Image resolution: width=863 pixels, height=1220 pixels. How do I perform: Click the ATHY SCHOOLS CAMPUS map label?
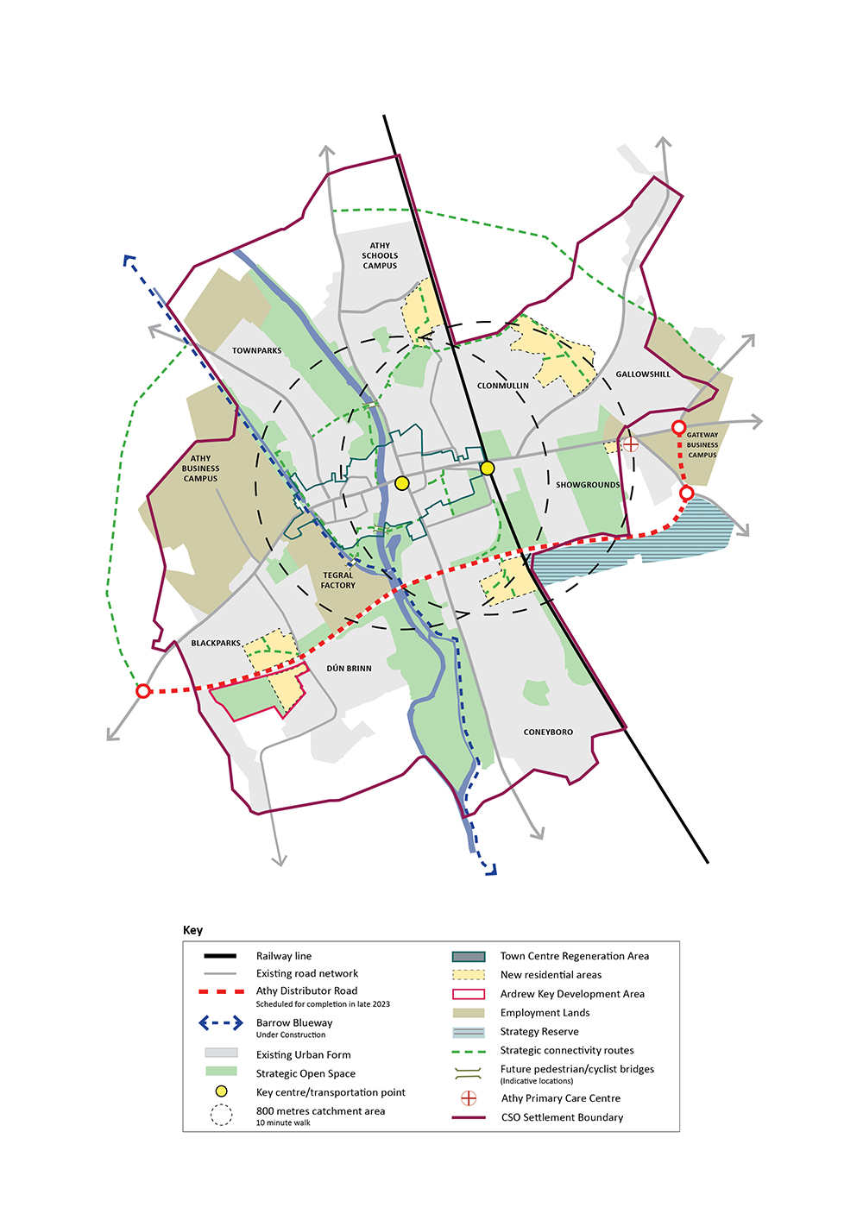(x=380, y=255)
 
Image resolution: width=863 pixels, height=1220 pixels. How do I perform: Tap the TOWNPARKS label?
(x=256, y=351)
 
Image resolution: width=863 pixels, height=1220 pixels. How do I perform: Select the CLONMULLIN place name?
(x=502, y=386)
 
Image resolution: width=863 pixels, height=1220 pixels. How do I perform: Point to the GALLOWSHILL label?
(x=643, y=374)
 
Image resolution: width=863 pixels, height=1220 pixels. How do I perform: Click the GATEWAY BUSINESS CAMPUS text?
(x=702, y=445)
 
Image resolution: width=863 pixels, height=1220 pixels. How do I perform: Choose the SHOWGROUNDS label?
(x=588, y=485)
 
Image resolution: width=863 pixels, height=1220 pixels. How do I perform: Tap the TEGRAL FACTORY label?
(x=338, y=581)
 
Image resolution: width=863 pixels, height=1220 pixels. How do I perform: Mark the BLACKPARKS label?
(x=216, y=644)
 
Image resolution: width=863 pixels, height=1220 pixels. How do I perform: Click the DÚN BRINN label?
(x=349, y=669)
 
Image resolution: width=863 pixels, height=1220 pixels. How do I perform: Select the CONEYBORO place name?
(x=548, y=733)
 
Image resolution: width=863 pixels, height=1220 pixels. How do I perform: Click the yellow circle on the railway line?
(x=488, y=468)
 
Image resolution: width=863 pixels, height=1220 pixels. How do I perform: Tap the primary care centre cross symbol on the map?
(x=631, y=444)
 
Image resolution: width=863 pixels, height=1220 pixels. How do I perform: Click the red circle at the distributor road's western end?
(x=143, y=691)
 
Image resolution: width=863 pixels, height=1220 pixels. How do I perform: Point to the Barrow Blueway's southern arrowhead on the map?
(x=490, y=871)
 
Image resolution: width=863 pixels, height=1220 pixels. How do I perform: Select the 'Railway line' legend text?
(x=283, y=956)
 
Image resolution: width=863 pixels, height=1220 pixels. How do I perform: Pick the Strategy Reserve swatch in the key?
(x=468, y=1032)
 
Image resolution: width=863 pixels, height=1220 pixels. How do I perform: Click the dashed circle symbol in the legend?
(x=221, y=1116)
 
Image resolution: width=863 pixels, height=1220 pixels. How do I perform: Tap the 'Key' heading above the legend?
(x=192, y=930)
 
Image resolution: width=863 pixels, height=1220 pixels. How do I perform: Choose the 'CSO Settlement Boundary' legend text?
(x=562, y=1117)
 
